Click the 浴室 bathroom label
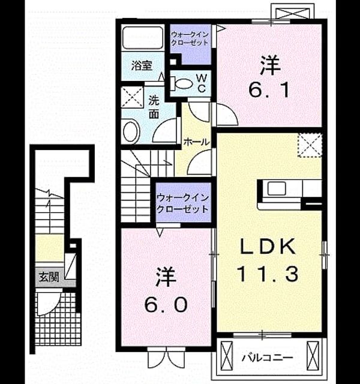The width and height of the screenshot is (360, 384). (142, 66)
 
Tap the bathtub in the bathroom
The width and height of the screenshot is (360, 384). (143, 38)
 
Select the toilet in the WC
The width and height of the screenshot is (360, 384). (182, 83)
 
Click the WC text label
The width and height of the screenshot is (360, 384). (202, 83)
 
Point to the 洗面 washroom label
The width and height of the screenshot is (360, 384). (154, 107)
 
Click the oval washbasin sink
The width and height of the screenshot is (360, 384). (131, 132)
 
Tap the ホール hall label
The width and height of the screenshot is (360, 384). (197, 142)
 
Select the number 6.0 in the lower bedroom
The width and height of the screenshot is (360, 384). (166, 305)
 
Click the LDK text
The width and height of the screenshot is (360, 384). (268, 246)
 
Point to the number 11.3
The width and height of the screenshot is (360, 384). (268, 274)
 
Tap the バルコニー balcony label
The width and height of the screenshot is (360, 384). (267, 358)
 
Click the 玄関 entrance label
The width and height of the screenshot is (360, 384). (49, 277)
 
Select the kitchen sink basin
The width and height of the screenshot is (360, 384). (277, 189)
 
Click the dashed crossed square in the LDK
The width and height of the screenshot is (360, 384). (310, 145)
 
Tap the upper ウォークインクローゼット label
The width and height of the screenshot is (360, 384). (190, 38)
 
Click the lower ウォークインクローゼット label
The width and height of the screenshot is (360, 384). (182, 203)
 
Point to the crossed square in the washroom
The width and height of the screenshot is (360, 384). (132, 97)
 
